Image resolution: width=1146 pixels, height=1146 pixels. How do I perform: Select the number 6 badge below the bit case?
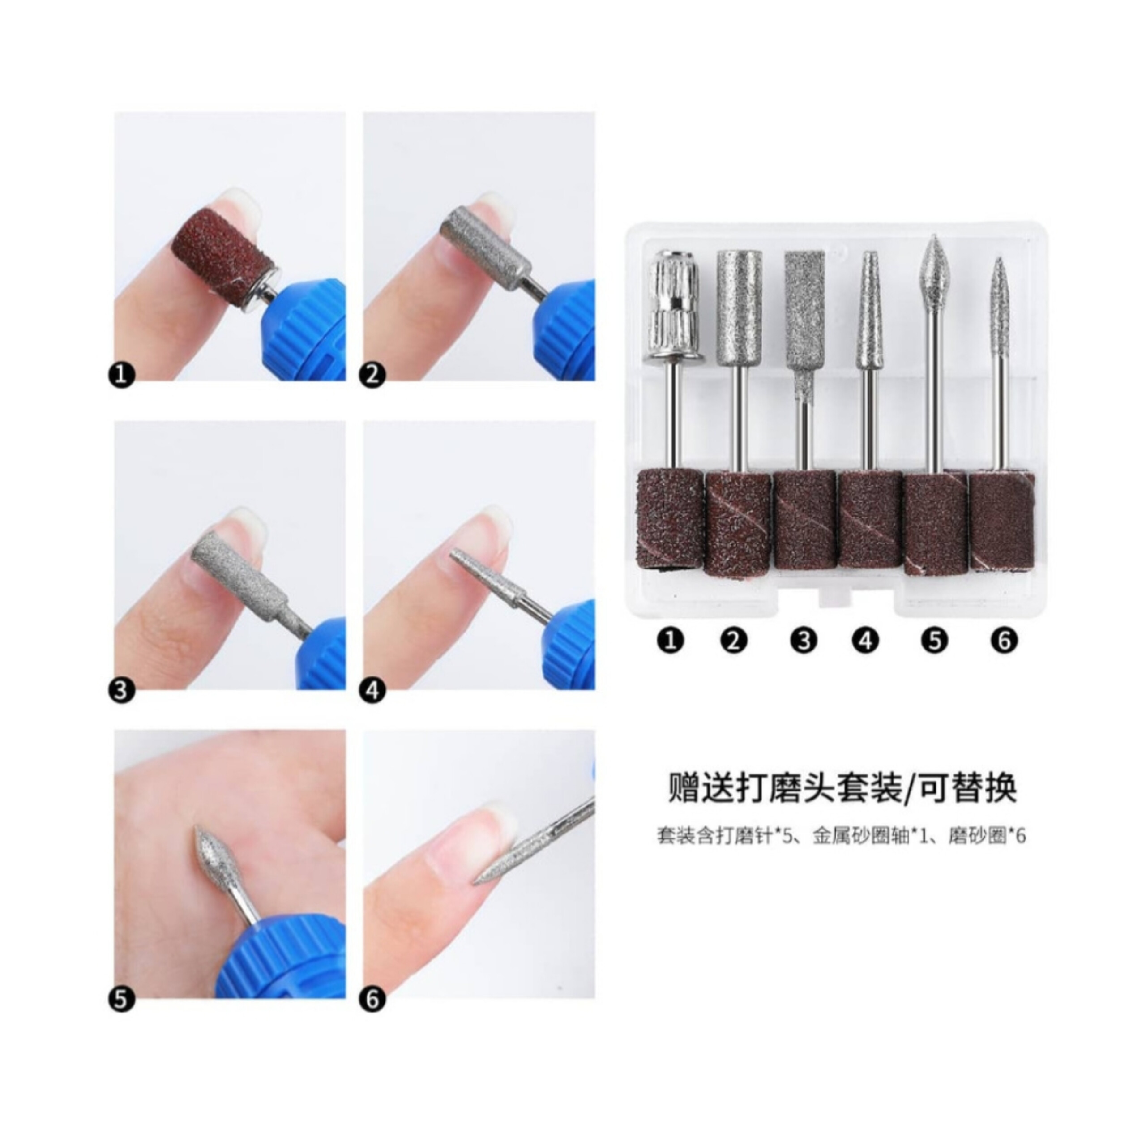tap(1004, 641)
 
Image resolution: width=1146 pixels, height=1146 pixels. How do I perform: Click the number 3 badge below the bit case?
tap(804, 641)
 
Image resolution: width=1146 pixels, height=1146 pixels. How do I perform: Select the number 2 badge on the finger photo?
tap(372, 376)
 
